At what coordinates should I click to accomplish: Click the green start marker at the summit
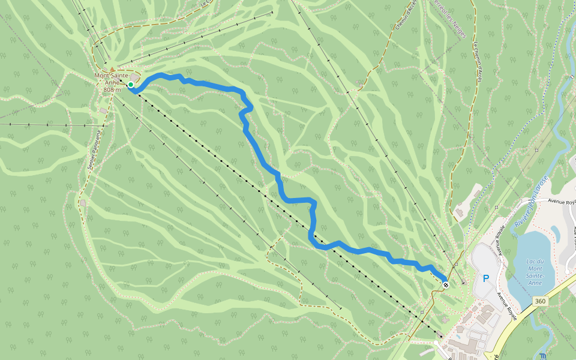130,85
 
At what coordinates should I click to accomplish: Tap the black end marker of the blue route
446,284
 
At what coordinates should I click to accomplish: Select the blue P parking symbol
486,278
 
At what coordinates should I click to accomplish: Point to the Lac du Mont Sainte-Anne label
535,272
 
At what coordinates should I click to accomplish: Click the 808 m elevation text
112,89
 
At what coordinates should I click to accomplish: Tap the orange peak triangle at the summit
112,70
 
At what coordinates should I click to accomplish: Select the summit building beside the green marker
136,79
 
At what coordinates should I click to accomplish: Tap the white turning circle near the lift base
436,343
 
